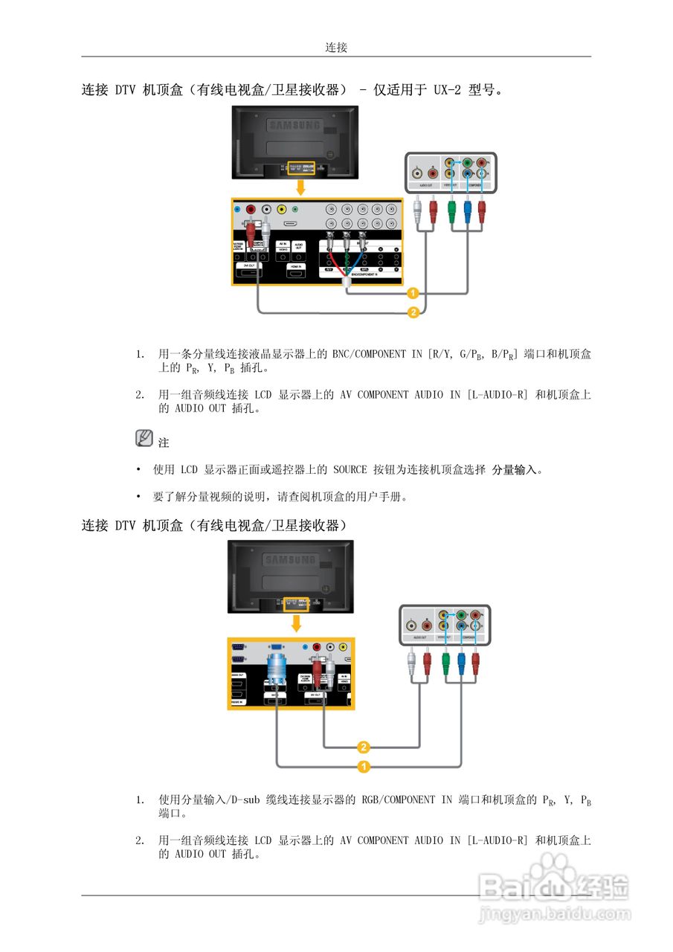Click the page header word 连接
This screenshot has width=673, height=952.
tap(336, 48)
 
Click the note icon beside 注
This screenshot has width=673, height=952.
tap(144, 439)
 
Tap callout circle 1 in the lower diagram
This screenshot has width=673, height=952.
tap(364, 765)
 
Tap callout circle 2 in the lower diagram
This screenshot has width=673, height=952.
tap(364, 747)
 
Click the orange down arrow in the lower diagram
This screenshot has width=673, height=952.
tap(297, 622)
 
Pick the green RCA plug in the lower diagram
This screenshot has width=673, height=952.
tap(445, 659)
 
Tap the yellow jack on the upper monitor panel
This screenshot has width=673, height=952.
tap(282, 210)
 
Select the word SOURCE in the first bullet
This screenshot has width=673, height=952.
tap(350, 470)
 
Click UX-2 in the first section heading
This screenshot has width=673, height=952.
tap(448, 91)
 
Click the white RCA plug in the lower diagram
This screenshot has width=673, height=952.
tap(411, 659)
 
